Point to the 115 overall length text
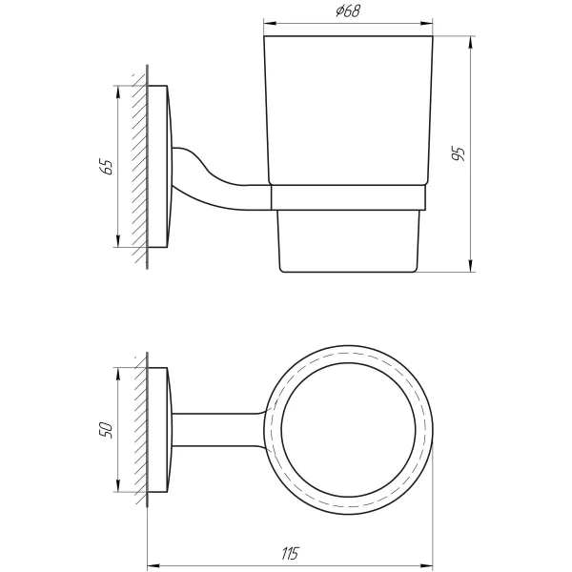click(289, 554)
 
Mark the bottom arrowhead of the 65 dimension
click(118, 242)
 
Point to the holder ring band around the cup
click(348, 196)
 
